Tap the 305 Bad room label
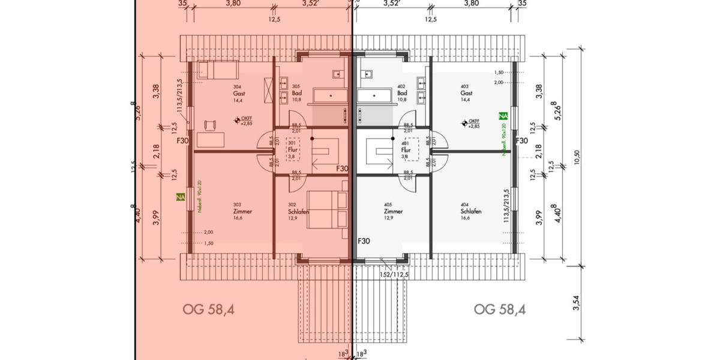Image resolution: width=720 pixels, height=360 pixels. coord(296,93)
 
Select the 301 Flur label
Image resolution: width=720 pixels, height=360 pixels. coord(292,149)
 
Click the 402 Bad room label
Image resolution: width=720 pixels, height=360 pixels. coord(402,93)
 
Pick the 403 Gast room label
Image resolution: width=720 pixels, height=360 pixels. coord(467,93)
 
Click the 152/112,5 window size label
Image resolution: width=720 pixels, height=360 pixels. coord(394,274)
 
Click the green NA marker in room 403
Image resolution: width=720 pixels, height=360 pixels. coord(503,115)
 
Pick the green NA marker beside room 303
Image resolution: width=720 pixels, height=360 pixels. coord(180,196)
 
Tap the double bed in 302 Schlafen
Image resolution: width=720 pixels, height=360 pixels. coord(328,209)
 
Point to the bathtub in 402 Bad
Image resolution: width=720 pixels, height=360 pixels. coord(376,95)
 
